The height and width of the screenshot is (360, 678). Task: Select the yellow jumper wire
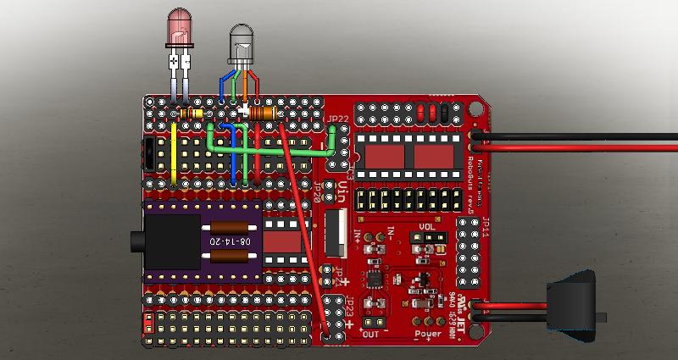tap(174, 152)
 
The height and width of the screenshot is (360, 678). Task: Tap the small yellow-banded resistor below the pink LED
tap(192, 114)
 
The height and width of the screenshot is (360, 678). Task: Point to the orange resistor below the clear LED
tap(264, 113)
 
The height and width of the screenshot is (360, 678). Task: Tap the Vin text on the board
tap(342, 188)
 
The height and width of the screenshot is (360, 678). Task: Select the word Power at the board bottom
tap(428, 333)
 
